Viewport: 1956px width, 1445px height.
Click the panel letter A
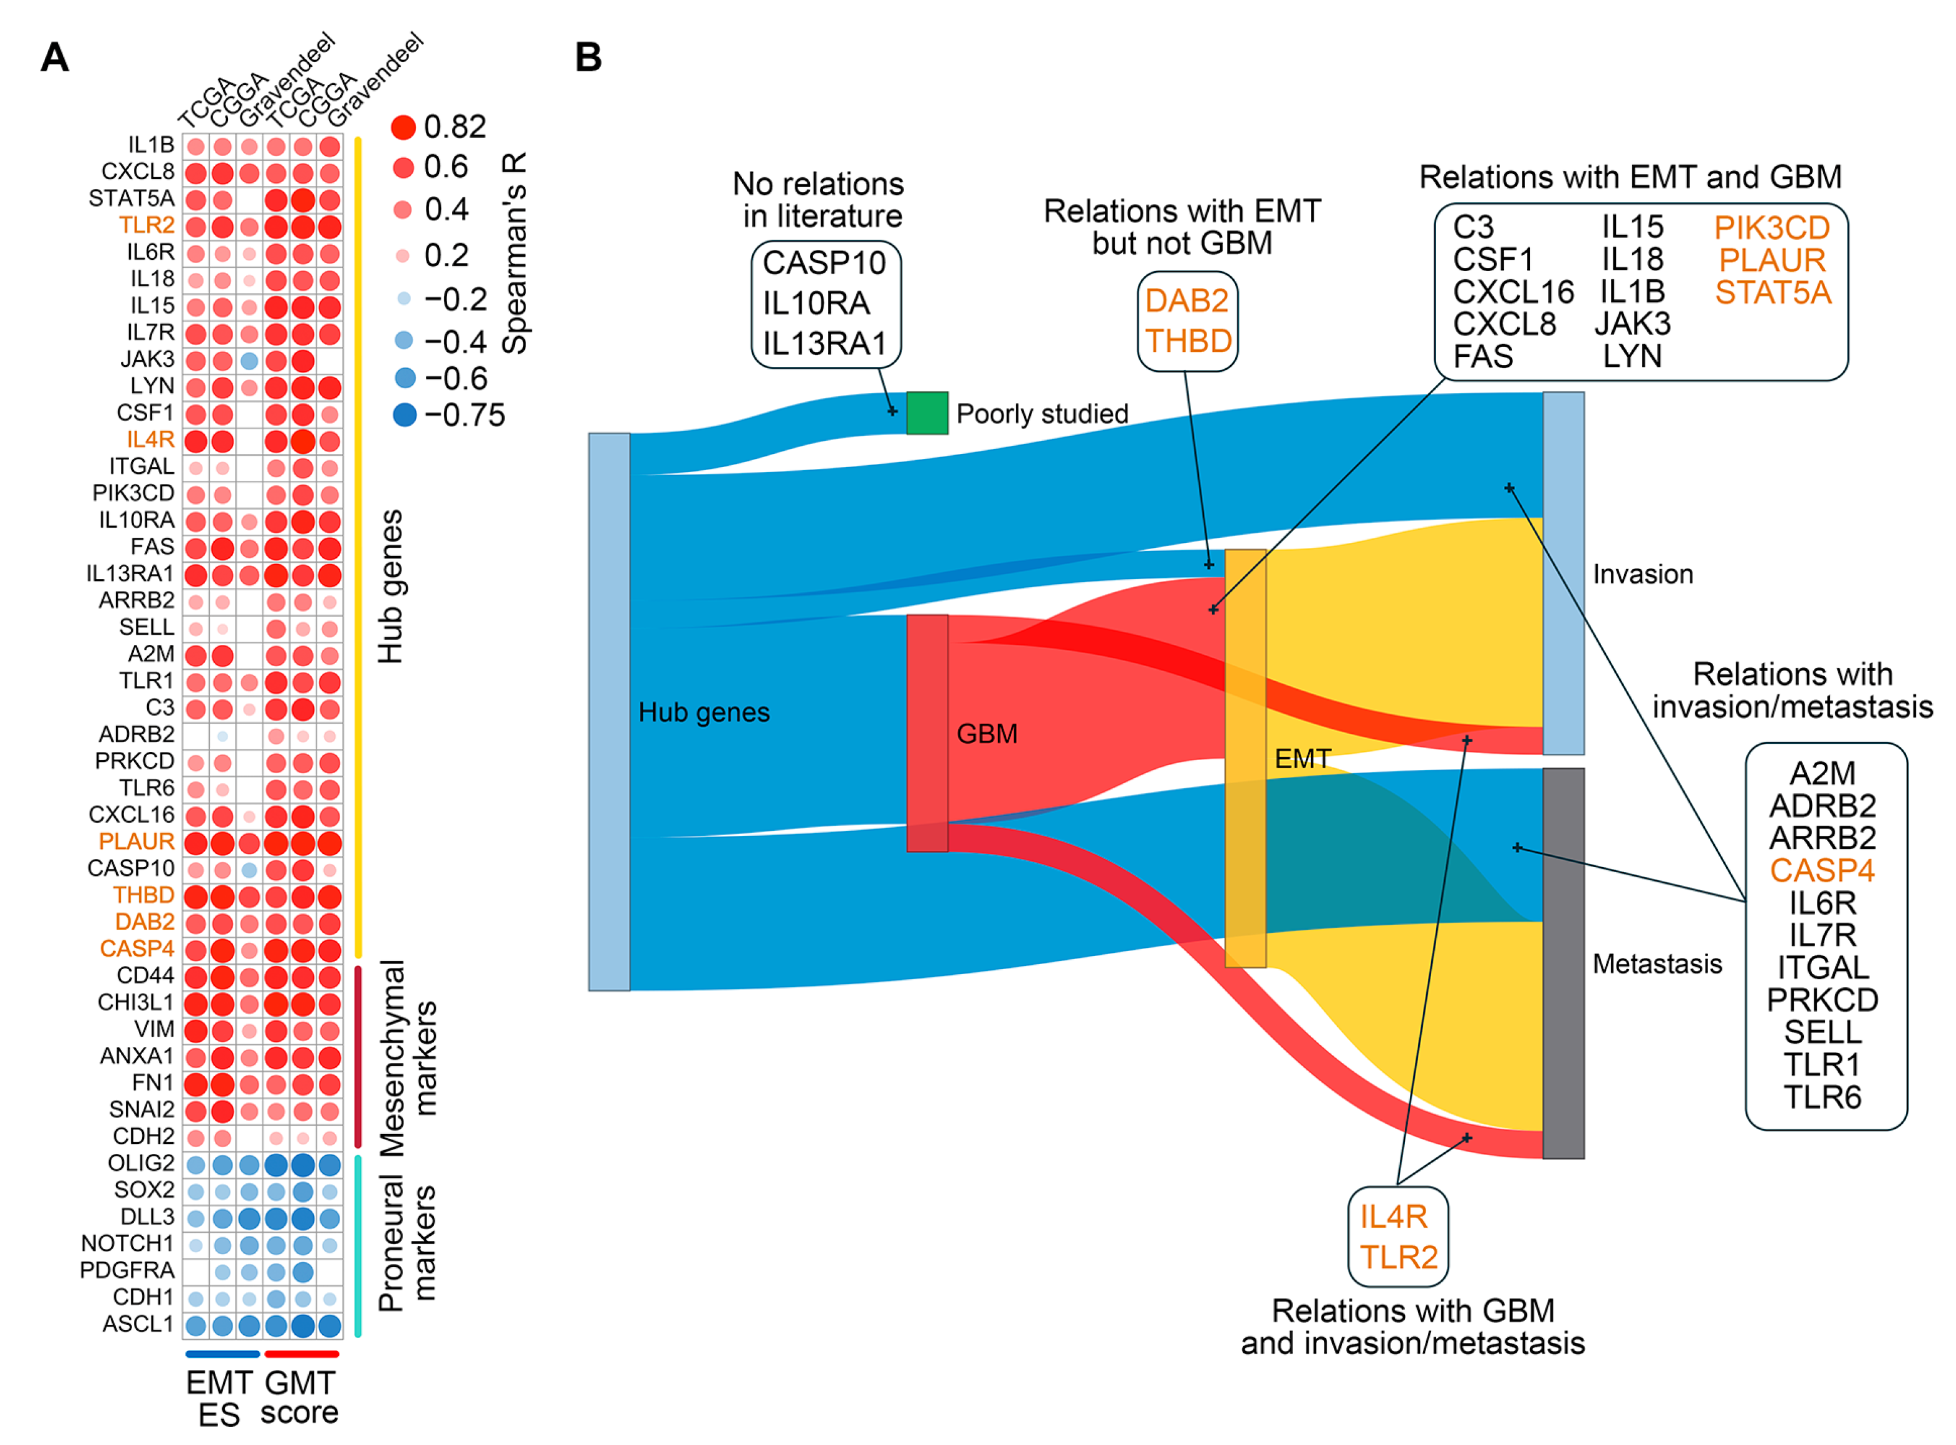coord(54,58)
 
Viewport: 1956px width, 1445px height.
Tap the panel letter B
coord(588,58)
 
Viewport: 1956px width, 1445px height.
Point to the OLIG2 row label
coord(141,1163)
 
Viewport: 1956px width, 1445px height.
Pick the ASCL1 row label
coord(138,1324)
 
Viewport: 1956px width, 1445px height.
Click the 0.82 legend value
coord(454,128)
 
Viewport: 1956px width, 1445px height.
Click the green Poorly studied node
coord(926,413)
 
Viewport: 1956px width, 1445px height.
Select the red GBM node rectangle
coord(926,733)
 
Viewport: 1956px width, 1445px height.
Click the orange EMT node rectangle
coord(1244,758)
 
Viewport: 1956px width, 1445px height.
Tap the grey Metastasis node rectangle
coord(1563,963)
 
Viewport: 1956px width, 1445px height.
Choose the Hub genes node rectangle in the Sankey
coord(609,711)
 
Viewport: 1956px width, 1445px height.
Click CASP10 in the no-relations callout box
coord(824,262)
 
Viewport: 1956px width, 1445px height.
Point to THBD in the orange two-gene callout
coord(1188,341)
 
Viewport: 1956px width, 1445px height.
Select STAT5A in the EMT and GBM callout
coord(1772,292)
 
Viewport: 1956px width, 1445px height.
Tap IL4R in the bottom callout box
coord(1394,1216)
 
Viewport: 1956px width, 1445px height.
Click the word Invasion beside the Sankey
coord(1643,575)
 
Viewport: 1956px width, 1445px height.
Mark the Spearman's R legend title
coord(514,254)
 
